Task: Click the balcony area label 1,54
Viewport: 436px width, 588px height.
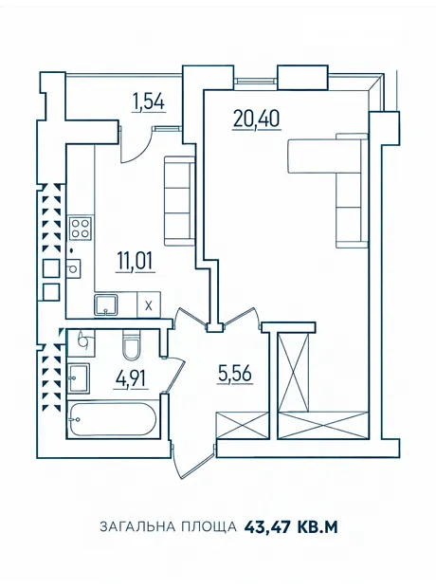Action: [148, 102]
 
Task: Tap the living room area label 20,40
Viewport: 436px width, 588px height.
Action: [257, 119]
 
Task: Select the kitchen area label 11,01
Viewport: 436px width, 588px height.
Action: [135, 262]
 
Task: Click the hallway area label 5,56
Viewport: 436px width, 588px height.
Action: [235, 375]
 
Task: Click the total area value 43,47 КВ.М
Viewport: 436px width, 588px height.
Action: [291, 527]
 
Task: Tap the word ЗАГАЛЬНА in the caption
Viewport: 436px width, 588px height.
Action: [137, 527]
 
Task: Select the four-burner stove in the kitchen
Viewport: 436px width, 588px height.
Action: [81, 229]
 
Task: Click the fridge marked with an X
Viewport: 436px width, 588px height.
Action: [149, 305]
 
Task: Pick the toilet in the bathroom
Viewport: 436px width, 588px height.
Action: [131, 344]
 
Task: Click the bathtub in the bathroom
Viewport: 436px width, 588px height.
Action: [113, 419]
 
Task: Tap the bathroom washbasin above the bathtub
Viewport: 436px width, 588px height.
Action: [79, 378]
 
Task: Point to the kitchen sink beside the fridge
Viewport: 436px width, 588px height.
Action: [106, 304]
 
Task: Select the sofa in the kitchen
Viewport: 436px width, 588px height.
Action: [179, 201]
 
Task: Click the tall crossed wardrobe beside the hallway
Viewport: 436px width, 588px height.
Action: [294, 372]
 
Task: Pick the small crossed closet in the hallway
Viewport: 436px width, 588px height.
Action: [243, 425]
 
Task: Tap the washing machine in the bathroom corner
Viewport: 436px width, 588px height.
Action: [81, 342]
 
